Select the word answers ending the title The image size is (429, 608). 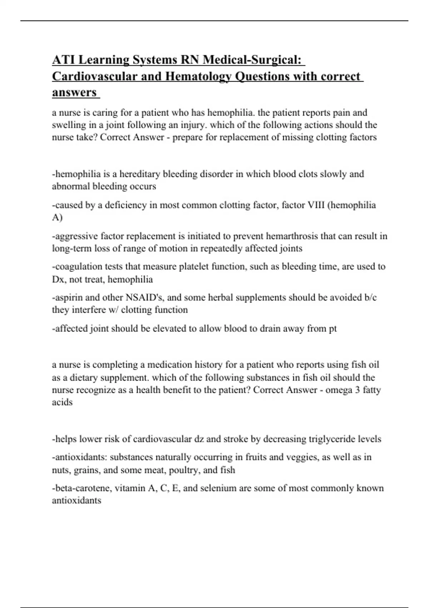(x=74, y=92)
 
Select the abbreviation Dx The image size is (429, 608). (x=58, y=279)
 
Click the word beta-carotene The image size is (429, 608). (x=82, y=488)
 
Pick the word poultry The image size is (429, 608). (x=183, y=470)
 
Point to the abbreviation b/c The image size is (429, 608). (x=369, y=298)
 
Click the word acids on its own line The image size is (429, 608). (x=62, y=402)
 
